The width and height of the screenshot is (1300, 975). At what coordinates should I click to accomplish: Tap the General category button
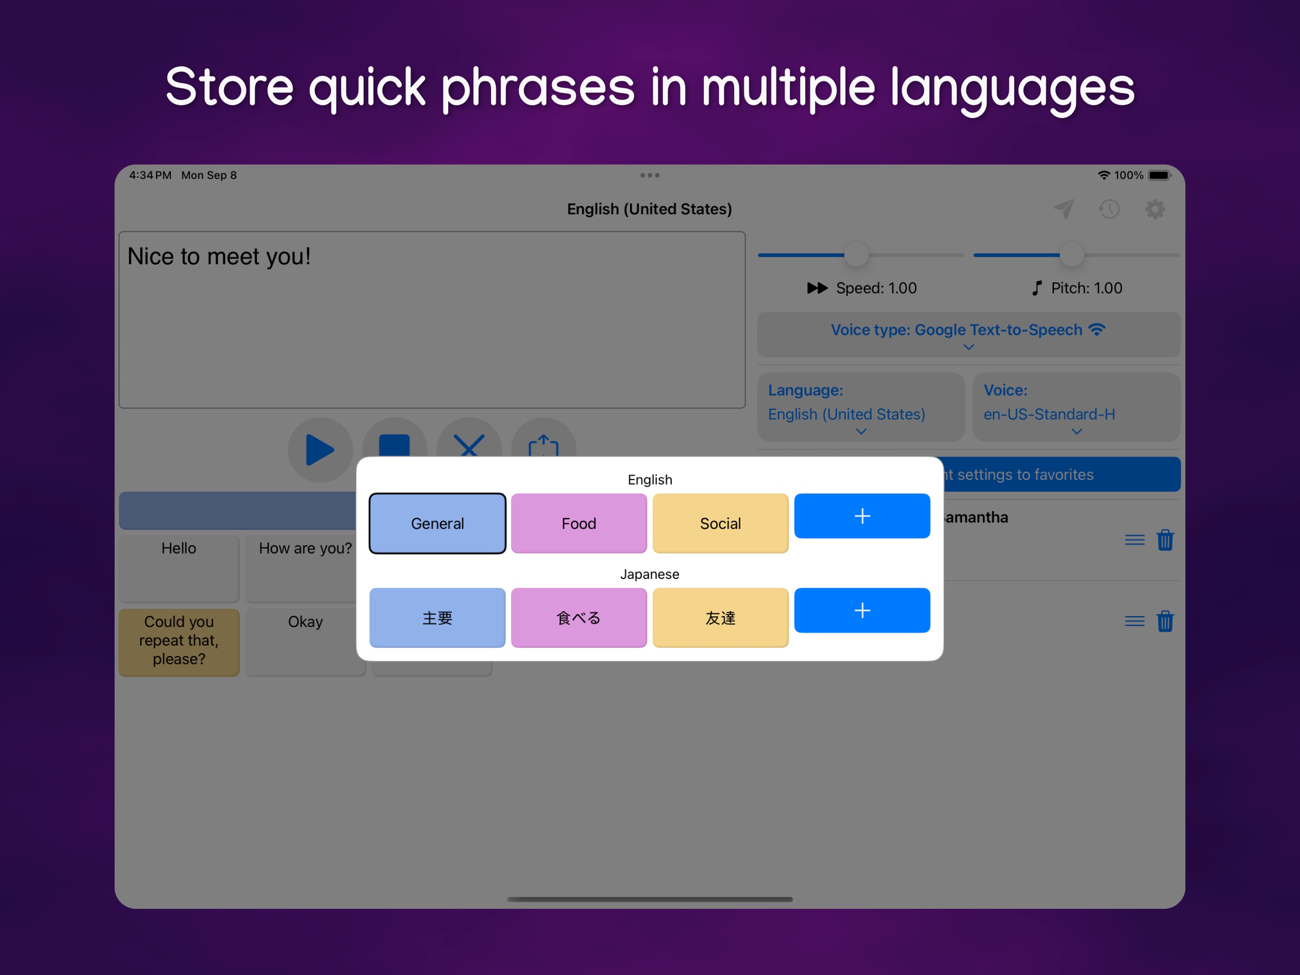(437, 523)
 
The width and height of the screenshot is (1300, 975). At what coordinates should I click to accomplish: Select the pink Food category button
(579, 523)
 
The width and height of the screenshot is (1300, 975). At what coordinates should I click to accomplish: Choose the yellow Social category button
(720, 523)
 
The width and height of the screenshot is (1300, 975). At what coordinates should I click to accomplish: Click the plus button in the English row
(861, 516)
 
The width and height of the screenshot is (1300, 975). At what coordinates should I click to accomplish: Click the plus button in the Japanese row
(861, 610)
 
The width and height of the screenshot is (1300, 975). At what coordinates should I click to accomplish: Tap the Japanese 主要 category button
(437, 617)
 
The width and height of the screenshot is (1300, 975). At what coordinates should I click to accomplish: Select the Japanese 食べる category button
(579, 617)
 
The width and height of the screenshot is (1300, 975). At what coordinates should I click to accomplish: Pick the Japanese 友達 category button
(720, 617)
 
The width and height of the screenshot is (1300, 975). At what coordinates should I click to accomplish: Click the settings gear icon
(1155, 209)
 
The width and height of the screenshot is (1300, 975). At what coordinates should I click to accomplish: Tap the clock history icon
(1109, 209)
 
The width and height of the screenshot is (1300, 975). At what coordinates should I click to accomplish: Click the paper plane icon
(1064, 209)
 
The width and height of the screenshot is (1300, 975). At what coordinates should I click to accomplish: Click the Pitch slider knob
(1072, 255)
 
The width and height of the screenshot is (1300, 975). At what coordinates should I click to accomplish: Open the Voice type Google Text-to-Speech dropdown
(968, 335)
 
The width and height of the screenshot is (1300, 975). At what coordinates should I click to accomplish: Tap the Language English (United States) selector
(860, 407)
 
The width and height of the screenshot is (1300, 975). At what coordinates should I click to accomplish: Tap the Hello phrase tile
(179, 568)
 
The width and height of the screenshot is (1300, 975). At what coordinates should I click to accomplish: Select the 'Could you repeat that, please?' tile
(179, 641)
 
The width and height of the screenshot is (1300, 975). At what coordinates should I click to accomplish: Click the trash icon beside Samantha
(1165, 540)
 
